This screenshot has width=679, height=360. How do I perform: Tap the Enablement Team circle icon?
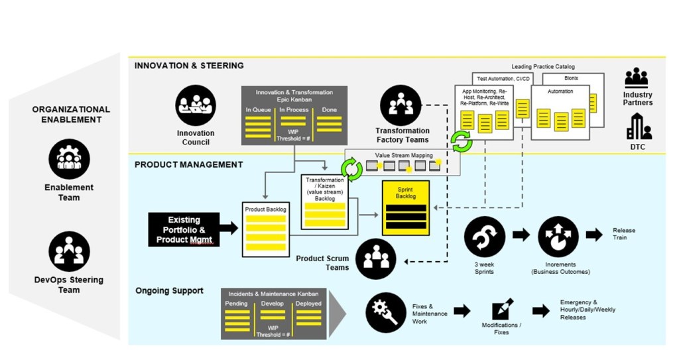(x=69, y=159)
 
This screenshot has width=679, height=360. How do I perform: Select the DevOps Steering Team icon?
(x=69, y=251)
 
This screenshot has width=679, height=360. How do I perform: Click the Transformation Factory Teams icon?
(x=401, y=105)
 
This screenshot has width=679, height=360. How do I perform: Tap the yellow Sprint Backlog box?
(x=406, y=208)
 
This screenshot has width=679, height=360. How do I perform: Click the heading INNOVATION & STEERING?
(x=189, y=66)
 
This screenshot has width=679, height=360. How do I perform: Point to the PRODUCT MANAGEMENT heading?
(x=189, y=164)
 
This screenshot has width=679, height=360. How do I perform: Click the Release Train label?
(x=623, y=233)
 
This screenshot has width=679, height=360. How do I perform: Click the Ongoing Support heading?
(x=169, y=291)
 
